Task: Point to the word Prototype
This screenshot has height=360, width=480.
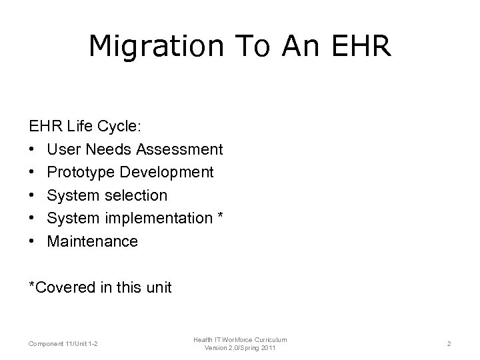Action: click(x=81, y=172)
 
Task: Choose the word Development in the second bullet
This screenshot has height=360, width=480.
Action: click(x=167, y=172)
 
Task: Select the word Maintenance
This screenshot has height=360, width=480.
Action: click(x=93, y=241)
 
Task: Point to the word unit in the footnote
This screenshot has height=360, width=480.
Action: click(x=158, y=288)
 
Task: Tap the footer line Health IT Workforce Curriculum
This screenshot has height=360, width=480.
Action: click(x=241, y=339)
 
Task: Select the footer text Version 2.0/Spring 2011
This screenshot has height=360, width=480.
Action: click(x=241, y=348)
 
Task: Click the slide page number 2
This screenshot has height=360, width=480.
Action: click(x=449, y=343)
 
